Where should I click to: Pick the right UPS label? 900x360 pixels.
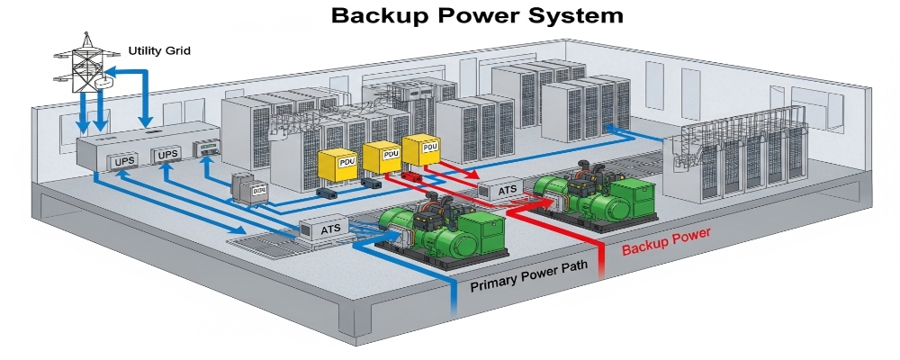[x=168, y=156]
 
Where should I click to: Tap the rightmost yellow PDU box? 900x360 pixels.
[x=421, y=149]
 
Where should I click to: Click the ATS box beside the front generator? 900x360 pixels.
[x=329, y=229]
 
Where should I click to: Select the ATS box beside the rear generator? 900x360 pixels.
[x=497, y=190]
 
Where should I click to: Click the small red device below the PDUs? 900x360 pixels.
[x=413, y=177]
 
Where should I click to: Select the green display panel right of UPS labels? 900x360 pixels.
[x=208, y=151]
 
